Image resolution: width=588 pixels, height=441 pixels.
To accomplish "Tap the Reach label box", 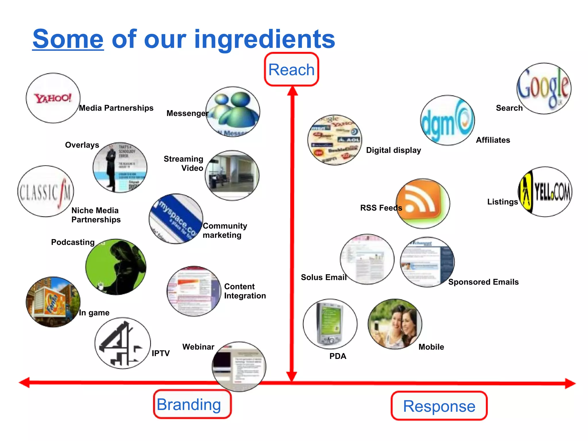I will (291, 69).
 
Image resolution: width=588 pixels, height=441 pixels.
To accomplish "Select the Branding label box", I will (192, 404).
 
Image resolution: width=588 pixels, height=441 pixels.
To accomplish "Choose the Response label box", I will (439, 406).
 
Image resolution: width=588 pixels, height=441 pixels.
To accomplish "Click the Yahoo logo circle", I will (53, 98).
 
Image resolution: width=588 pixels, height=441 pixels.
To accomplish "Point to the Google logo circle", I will (544, 88).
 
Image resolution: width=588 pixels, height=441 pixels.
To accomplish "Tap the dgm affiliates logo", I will (447, 120).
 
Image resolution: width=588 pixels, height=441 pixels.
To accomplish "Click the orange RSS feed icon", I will (423, 203).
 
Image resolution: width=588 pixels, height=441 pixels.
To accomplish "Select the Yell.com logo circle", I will (545, 192).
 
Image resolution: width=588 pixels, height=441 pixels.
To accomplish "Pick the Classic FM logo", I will (46, 191).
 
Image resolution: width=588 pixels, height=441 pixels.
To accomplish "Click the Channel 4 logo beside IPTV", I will (123, 343).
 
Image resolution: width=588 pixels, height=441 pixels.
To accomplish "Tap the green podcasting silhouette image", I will (116, 267).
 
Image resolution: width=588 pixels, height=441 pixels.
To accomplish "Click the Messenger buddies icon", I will (233, 112).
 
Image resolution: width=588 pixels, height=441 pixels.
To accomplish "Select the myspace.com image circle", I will (176, 219).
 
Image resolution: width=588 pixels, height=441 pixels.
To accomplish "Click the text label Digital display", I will (393, 150).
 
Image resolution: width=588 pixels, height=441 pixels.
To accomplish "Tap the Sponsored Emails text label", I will (483, 282).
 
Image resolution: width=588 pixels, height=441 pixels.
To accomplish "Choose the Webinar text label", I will (198, 347).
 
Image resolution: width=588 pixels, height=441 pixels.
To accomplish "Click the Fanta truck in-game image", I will (53, 302).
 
